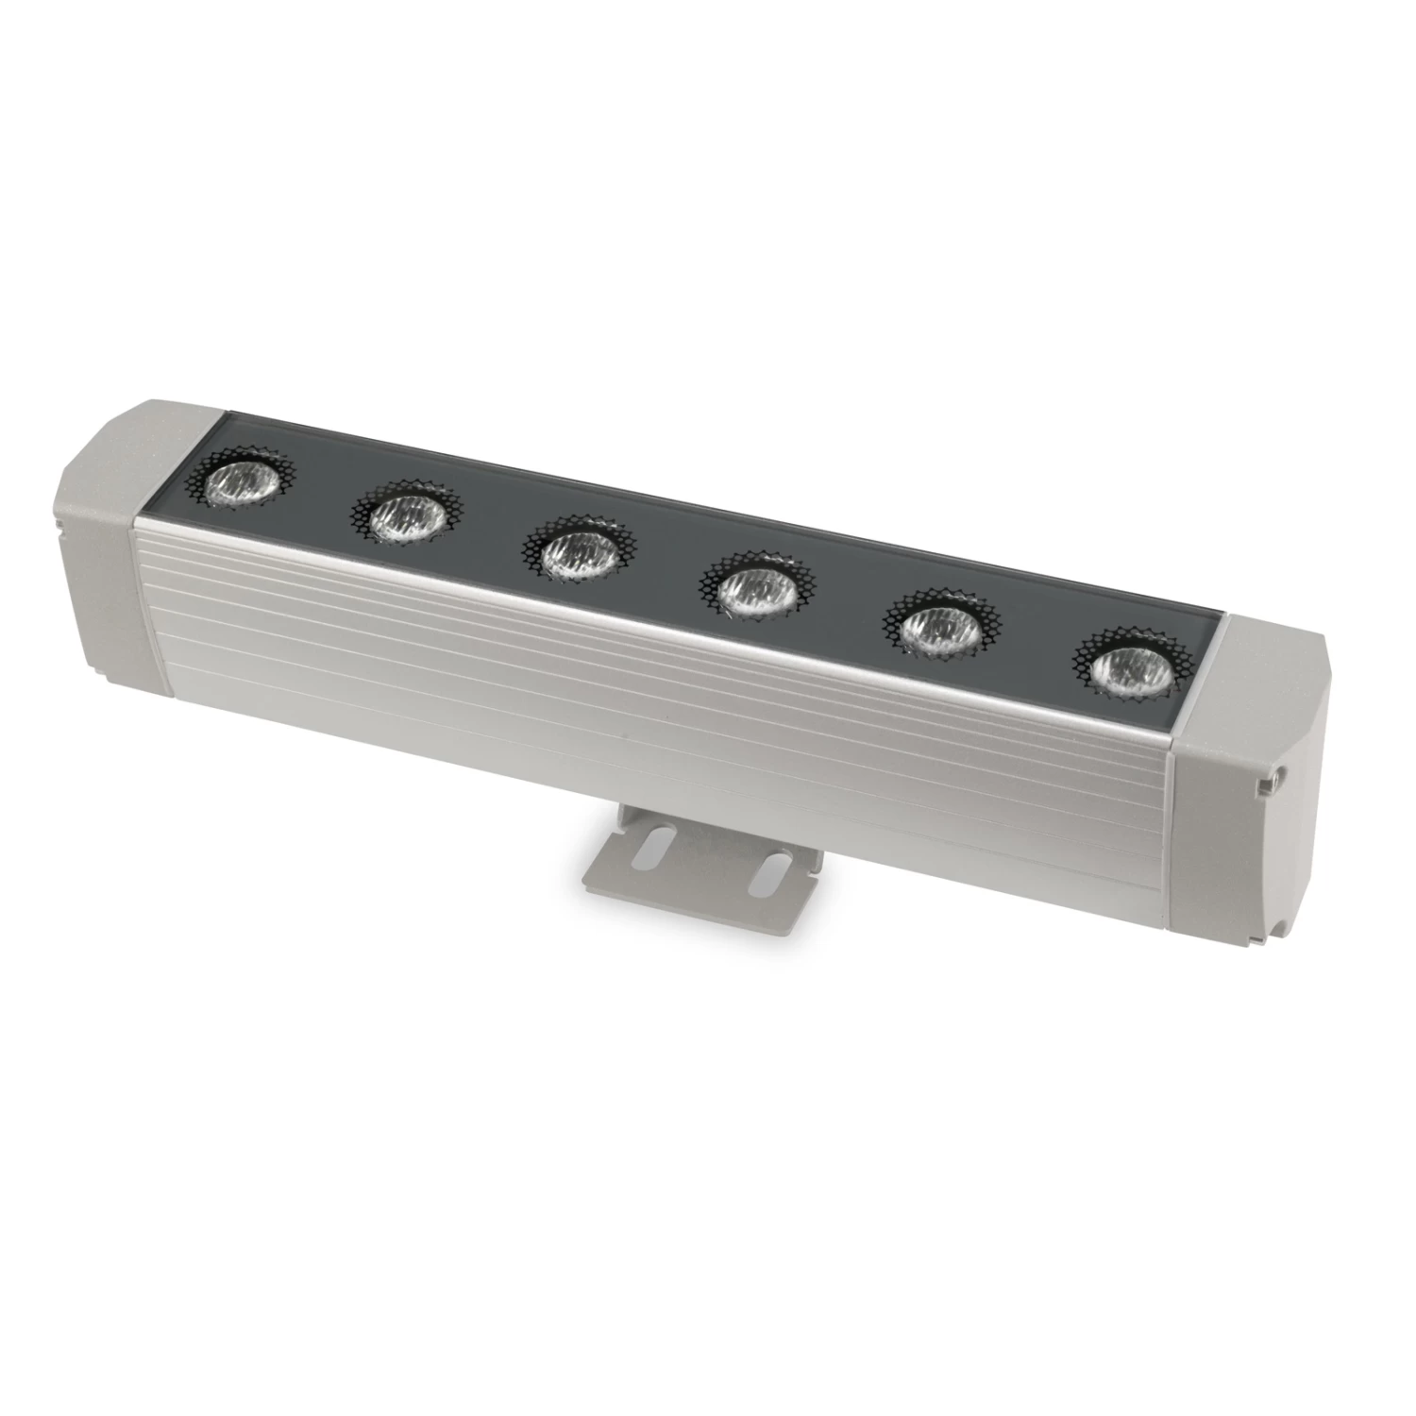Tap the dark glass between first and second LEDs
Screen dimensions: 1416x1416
click(x=321, y=496)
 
